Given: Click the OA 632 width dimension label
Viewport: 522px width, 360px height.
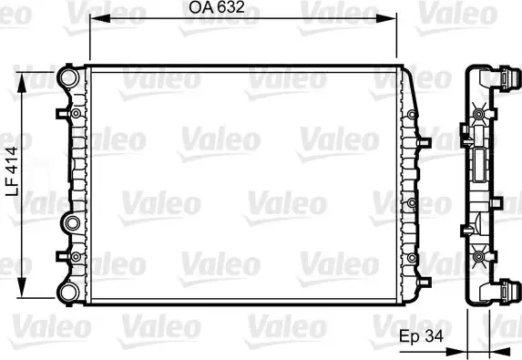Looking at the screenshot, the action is point(217,7).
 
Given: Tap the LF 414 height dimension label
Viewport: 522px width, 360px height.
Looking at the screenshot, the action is point(12,171).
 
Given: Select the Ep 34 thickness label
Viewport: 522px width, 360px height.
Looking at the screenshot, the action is point(421,336).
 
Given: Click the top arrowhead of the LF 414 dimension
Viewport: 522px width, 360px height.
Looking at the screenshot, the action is point(22,83).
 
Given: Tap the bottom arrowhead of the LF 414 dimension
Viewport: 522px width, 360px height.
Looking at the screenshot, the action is point(22,286).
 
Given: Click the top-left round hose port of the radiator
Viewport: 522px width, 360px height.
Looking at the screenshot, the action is point(69,77).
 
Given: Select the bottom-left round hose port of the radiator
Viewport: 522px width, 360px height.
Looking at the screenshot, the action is point(69,292).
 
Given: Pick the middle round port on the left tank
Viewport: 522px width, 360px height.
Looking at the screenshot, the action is point(72,222).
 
